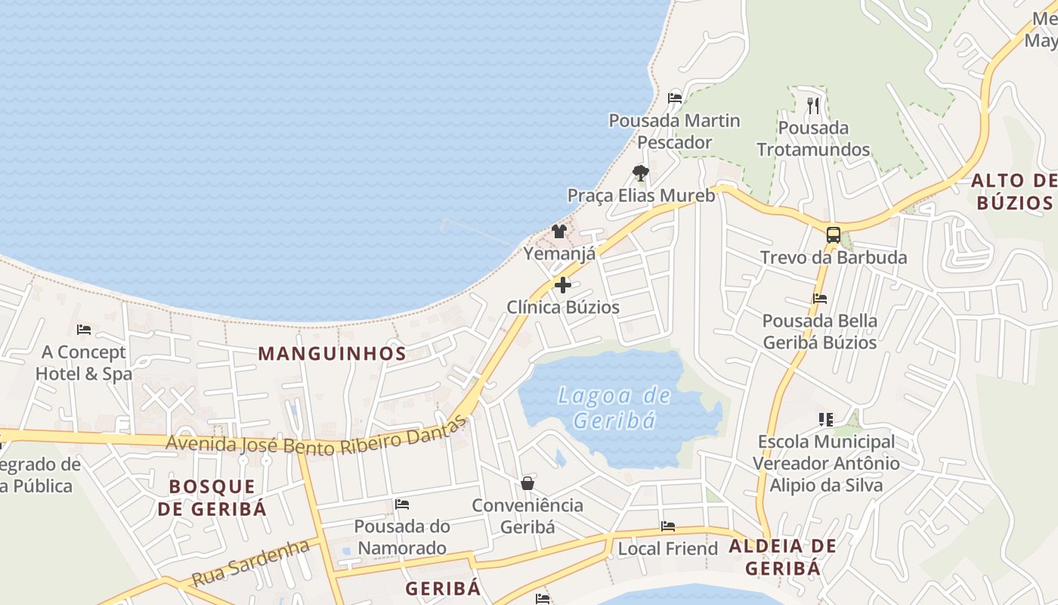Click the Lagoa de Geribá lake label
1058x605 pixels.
614,408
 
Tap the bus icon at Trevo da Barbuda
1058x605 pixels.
833,234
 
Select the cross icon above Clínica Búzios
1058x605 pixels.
563,285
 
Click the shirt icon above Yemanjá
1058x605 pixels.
559,231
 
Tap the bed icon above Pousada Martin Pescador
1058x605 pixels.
675,98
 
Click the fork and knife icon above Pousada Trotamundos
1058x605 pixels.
813,105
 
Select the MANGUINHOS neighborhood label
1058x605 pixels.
333,353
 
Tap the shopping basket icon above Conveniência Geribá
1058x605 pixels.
527,482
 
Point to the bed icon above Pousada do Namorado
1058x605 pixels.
402,504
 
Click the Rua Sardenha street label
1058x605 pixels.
251,563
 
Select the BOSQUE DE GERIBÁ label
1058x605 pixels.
212,497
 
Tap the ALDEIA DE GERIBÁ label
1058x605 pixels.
782,557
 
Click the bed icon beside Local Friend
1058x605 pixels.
668,526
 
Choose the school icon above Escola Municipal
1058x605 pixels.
825,419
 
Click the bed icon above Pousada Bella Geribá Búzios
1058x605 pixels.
820,299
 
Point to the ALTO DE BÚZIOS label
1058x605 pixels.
1013,191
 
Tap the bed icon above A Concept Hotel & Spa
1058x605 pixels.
84,330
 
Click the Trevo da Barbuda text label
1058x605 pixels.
834,257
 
